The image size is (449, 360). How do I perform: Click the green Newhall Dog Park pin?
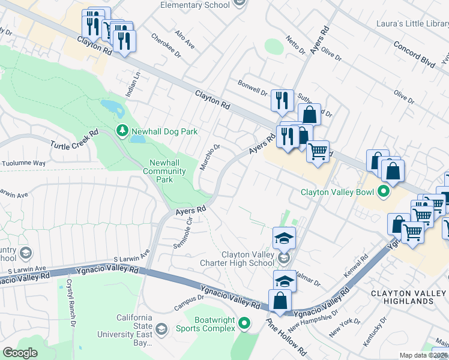122,131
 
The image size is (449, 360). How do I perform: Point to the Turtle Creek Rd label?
74,142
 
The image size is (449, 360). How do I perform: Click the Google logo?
20,352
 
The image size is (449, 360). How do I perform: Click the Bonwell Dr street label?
252,88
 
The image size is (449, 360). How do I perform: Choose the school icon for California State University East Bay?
161,329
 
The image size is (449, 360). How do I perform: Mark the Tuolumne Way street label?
23,163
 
